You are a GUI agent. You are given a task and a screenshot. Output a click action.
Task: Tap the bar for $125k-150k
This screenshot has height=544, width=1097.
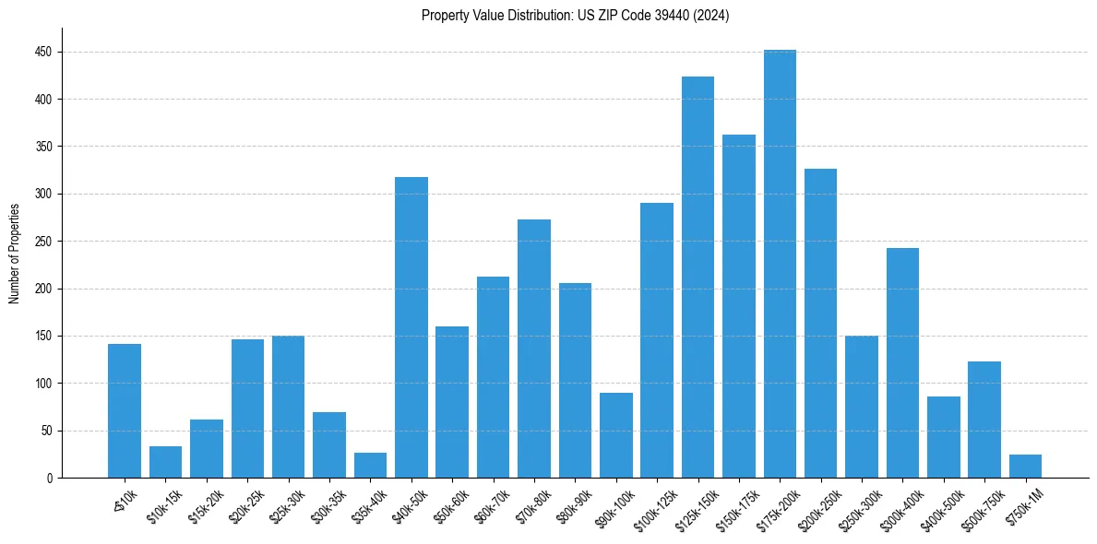click(698, 277)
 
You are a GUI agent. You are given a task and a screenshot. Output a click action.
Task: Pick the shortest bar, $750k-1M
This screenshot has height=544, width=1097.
click(1025, 467)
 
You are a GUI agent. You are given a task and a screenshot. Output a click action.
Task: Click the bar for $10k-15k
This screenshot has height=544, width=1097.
click(165, 462)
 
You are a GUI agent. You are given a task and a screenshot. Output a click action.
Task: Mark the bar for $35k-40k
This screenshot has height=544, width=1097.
click(370, 466)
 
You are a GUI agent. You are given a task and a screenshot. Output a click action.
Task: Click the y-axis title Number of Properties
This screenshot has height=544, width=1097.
click(15, 253)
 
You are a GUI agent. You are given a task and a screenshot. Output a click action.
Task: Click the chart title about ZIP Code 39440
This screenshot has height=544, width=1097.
click(575, 16)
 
